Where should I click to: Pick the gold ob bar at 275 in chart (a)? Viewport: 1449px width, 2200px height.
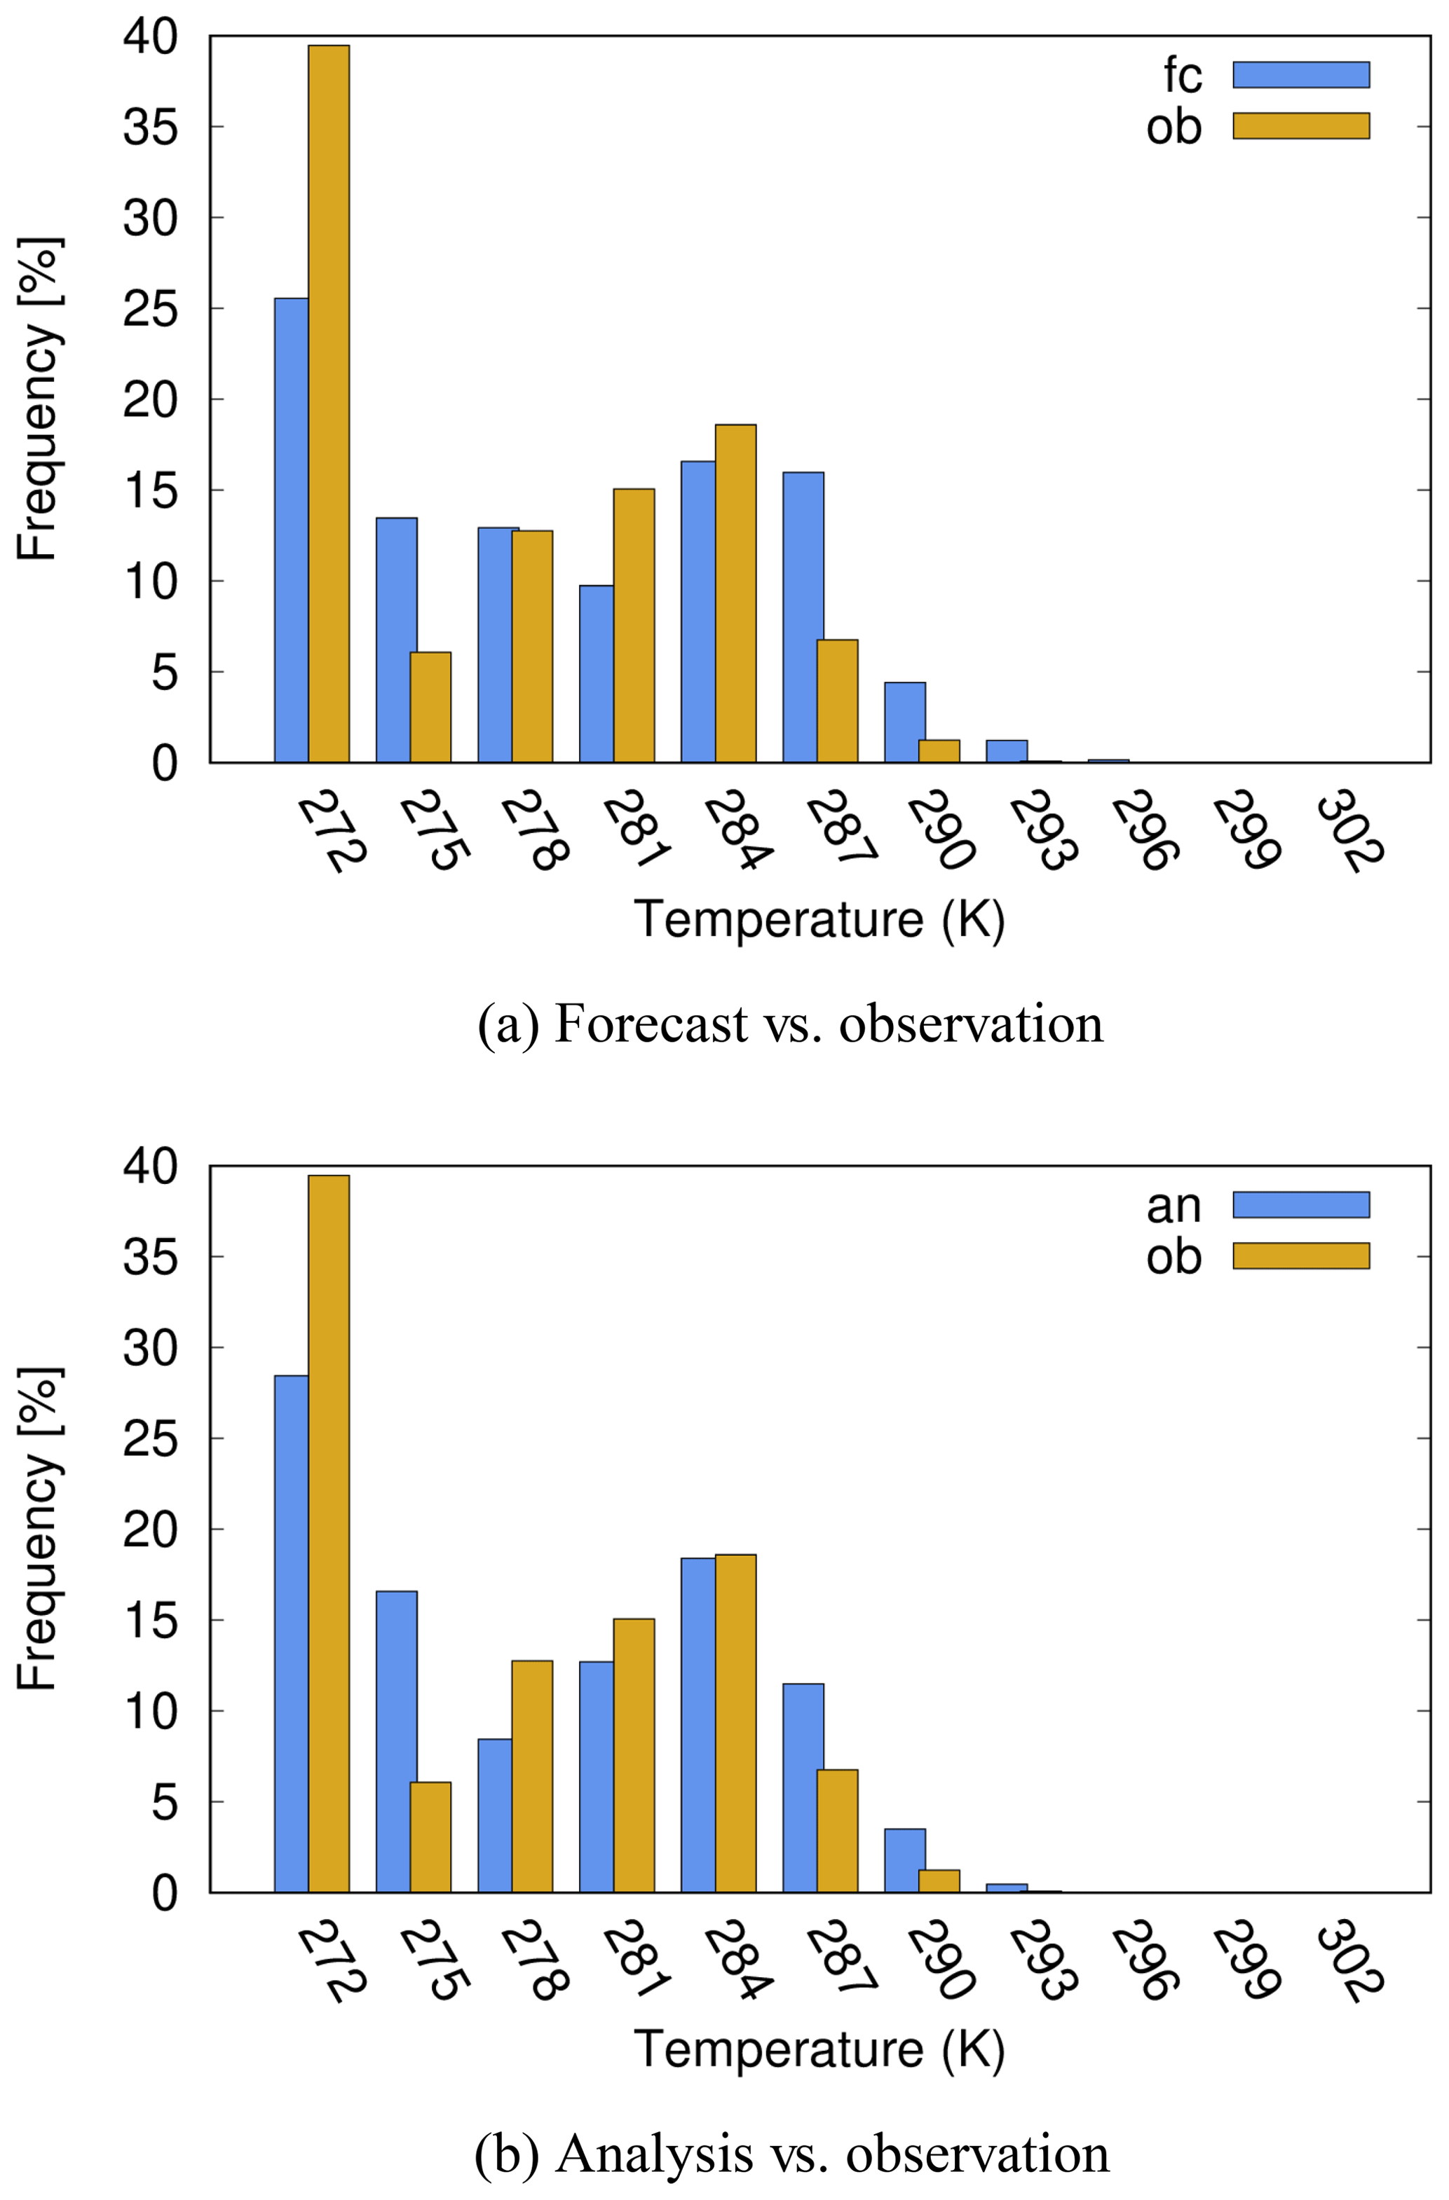430,707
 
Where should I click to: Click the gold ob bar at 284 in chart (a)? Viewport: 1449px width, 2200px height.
735,593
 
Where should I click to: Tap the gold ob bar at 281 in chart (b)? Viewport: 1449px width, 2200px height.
634,1756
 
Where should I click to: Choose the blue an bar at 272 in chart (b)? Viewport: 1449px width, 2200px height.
292,1635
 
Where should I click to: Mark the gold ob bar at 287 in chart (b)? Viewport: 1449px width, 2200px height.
837,1831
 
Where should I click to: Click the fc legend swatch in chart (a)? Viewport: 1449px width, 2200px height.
1300,75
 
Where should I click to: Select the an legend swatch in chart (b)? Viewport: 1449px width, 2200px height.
1300,1204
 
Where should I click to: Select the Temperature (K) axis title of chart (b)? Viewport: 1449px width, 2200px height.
819,2049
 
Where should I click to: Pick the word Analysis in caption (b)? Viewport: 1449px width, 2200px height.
654,2154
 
